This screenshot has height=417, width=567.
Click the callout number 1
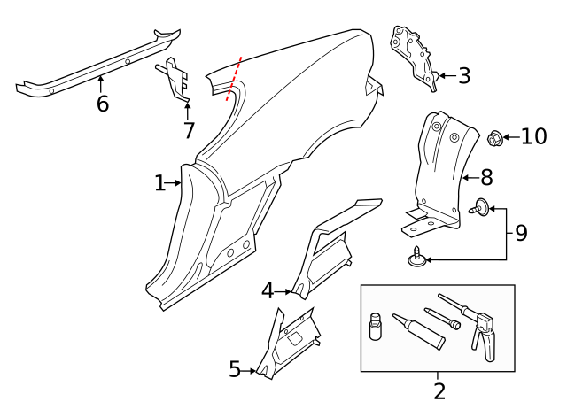(x=159, y=183)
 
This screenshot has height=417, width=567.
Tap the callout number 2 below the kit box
(x=439, y=391)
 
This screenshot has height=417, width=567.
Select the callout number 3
(x=464, y=76)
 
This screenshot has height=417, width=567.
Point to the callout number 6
(x=103, y=104)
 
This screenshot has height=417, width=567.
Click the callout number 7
(x=189, y=130)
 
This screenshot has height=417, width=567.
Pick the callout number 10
(x=533, y=136)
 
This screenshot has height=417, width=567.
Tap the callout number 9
(x=521, y=233)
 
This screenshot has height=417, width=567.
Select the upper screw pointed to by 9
(x=479, y=206)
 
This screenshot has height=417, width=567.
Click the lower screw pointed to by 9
(x=416, y=257)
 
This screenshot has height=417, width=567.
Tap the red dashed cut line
(x=234, y=79)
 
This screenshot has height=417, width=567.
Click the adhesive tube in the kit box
(x=419, y=331)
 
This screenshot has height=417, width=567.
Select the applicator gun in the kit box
(x=470, y=325)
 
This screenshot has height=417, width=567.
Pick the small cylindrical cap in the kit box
(x=376, y=326)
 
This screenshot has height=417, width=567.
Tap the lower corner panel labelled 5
(x=287, y=344)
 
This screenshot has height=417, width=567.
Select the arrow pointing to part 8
(x=471, y=178)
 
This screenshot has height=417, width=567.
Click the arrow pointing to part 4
(x=283, y=291)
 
